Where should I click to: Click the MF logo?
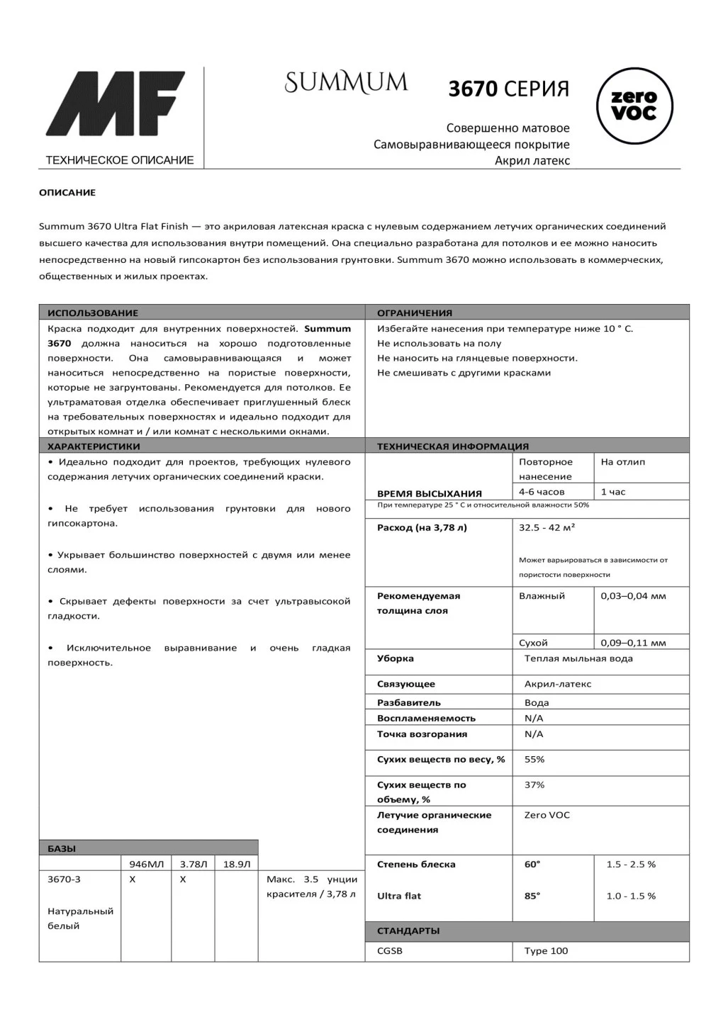coord(116,103)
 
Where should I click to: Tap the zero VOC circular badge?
coord(634,106)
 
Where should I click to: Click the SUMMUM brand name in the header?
coord(346,82)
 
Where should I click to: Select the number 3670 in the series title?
coord(473,89)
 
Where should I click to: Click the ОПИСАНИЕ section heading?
coord(67,193)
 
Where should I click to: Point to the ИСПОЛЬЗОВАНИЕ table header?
coord(93,313)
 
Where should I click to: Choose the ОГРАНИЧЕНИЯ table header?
coord(415,313)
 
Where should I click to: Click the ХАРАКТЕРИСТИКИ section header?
coord(94,446)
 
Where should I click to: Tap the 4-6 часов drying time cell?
coord(542,492)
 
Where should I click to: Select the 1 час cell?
coord(613,492)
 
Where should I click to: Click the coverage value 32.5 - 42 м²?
coord(547,528)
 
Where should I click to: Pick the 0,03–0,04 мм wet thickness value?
coord(633,596)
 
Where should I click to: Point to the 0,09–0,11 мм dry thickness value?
coord(633,643)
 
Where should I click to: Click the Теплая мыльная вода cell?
coord(578,658)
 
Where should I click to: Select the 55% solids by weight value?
coord(534,760)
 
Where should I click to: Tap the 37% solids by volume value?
coord(534,785)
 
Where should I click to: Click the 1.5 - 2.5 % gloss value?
coord(631,865)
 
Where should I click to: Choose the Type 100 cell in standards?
coord(546,951)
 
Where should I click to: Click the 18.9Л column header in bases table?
coord(237,865)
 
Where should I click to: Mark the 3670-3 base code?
coord(64,879)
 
